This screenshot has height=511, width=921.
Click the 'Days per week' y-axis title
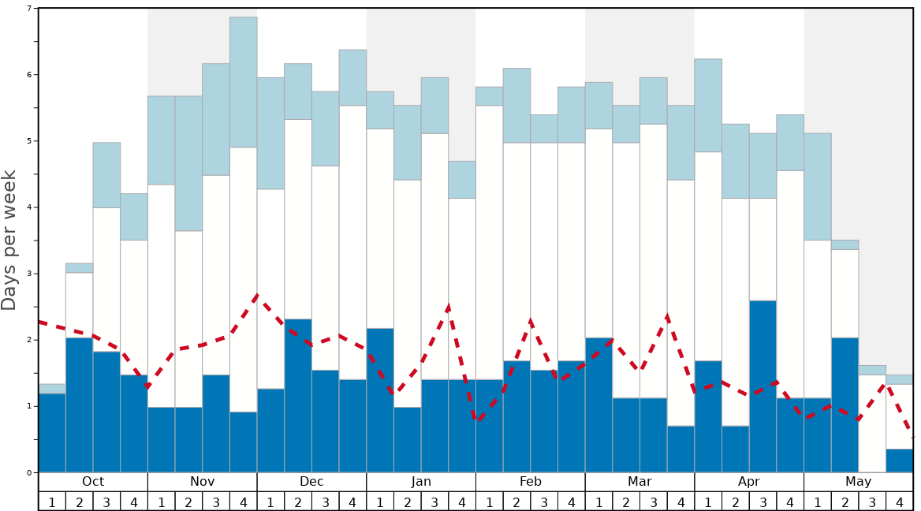coord(9,240)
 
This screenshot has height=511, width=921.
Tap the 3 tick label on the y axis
coord(30,274)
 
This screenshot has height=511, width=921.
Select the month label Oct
coord(93,482)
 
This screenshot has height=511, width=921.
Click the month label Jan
coord(421,482)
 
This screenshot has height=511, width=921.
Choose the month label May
coord(859,482)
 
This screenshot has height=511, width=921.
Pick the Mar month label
coord(639,482)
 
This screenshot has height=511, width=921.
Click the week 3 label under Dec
coord(326,502)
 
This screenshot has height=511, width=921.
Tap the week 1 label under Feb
coord(490,502)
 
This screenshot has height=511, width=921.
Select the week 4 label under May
coord(900,502)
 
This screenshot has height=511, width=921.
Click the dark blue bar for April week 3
coord(763,386)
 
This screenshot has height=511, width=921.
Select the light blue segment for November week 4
coord(244,82)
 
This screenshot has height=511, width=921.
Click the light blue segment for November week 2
coord(188,163)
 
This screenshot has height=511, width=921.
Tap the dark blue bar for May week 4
coord(900,461)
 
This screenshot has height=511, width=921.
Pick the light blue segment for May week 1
coord(818,186)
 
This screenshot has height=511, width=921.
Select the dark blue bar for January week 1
coord(380,401)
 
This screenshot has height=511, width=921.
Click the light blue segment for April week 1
coord(708,105)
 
